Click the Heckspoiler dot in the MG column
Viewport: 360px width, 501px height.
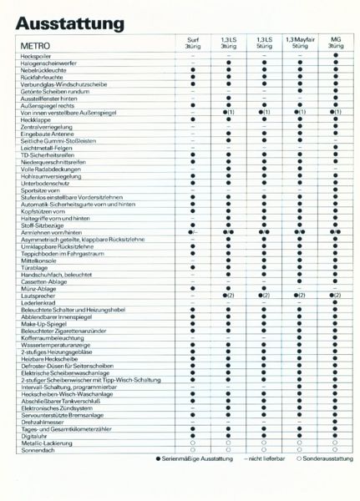click(335, 55)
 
